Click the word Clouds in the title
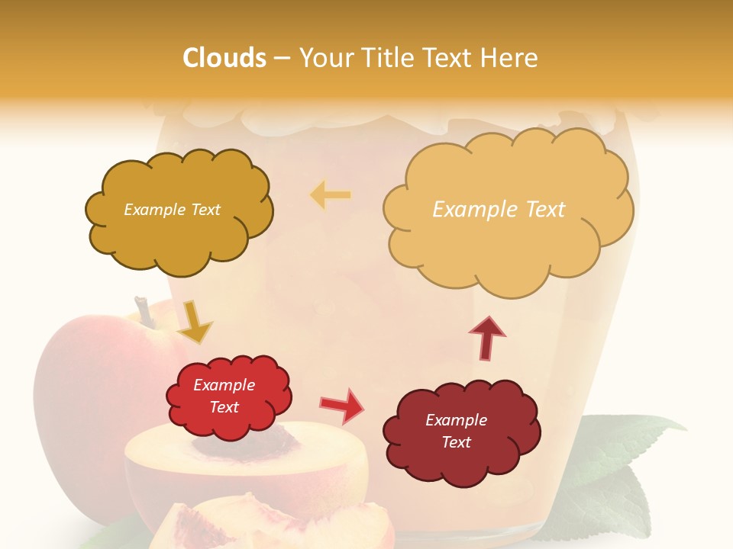[224, 58]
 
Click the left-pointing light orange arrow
[331, 195]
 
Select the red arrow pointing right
[342, 406]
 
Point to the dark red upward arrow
[487, 337]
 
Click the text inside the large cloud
[499, 209]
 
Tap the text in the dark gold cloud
[172, 210]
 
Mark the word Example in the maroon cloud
[456, 420]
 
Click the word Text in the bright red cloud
[224, 407]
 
